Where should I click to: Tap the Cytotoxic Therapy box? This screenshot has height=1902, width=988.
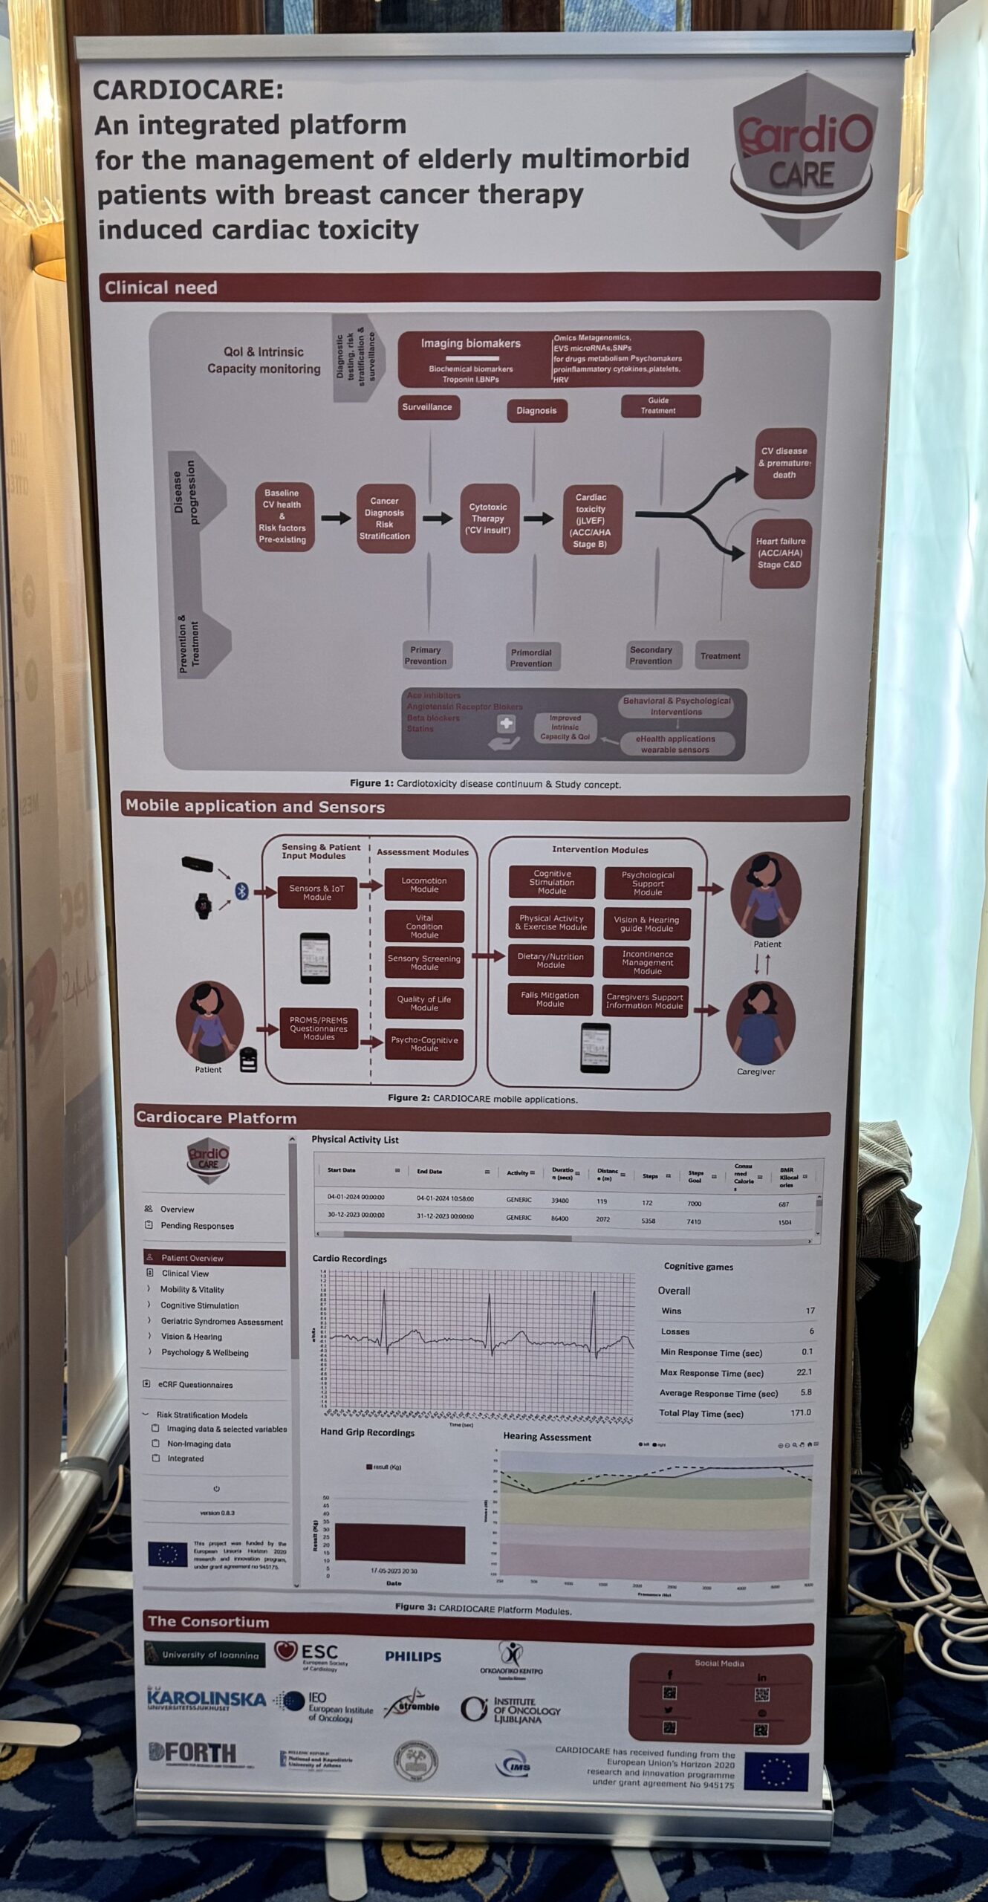[488, 519]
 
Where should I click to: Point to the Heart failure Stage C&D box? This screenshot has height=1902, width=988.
[780, 553]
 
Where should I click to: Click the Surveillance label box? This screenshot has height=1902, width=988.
[427, 407]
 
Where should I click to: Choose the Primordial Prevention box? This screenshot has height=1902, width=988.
[531, 658]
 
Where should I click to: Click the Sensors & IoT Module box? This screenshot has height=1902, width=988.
[317, 892]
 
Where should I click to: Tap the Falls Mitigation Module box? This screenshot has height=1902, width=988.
[550, 999]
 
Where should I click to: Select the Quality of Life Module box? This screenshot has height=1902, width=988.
[424, 1003]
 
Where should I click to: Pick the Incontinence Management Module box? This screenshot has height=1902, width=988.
[647, 962]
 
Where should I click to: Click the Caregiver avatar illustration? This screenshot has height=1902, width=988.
[760, 1022]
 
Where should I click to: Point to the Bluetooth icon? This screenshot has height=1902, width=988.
[241, 891]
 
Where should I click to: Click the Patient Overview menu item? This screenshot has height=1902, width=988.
[215, 1258]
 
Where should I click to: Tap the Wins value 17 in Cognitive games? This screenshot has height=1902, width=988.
[810, 1311]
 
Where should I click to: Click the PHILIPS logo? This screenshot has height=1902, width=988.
[413, 1656]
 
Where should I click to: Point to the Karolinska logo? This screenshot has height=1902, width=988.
[206, 1699]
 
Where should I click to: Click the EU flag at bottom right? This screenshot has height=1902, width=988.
[776, 1770]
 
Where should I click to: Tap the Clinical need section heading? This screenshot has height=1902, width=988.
[161, 288]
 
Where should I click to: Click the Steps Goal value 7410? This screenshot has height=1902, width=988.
[694, 1221]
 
